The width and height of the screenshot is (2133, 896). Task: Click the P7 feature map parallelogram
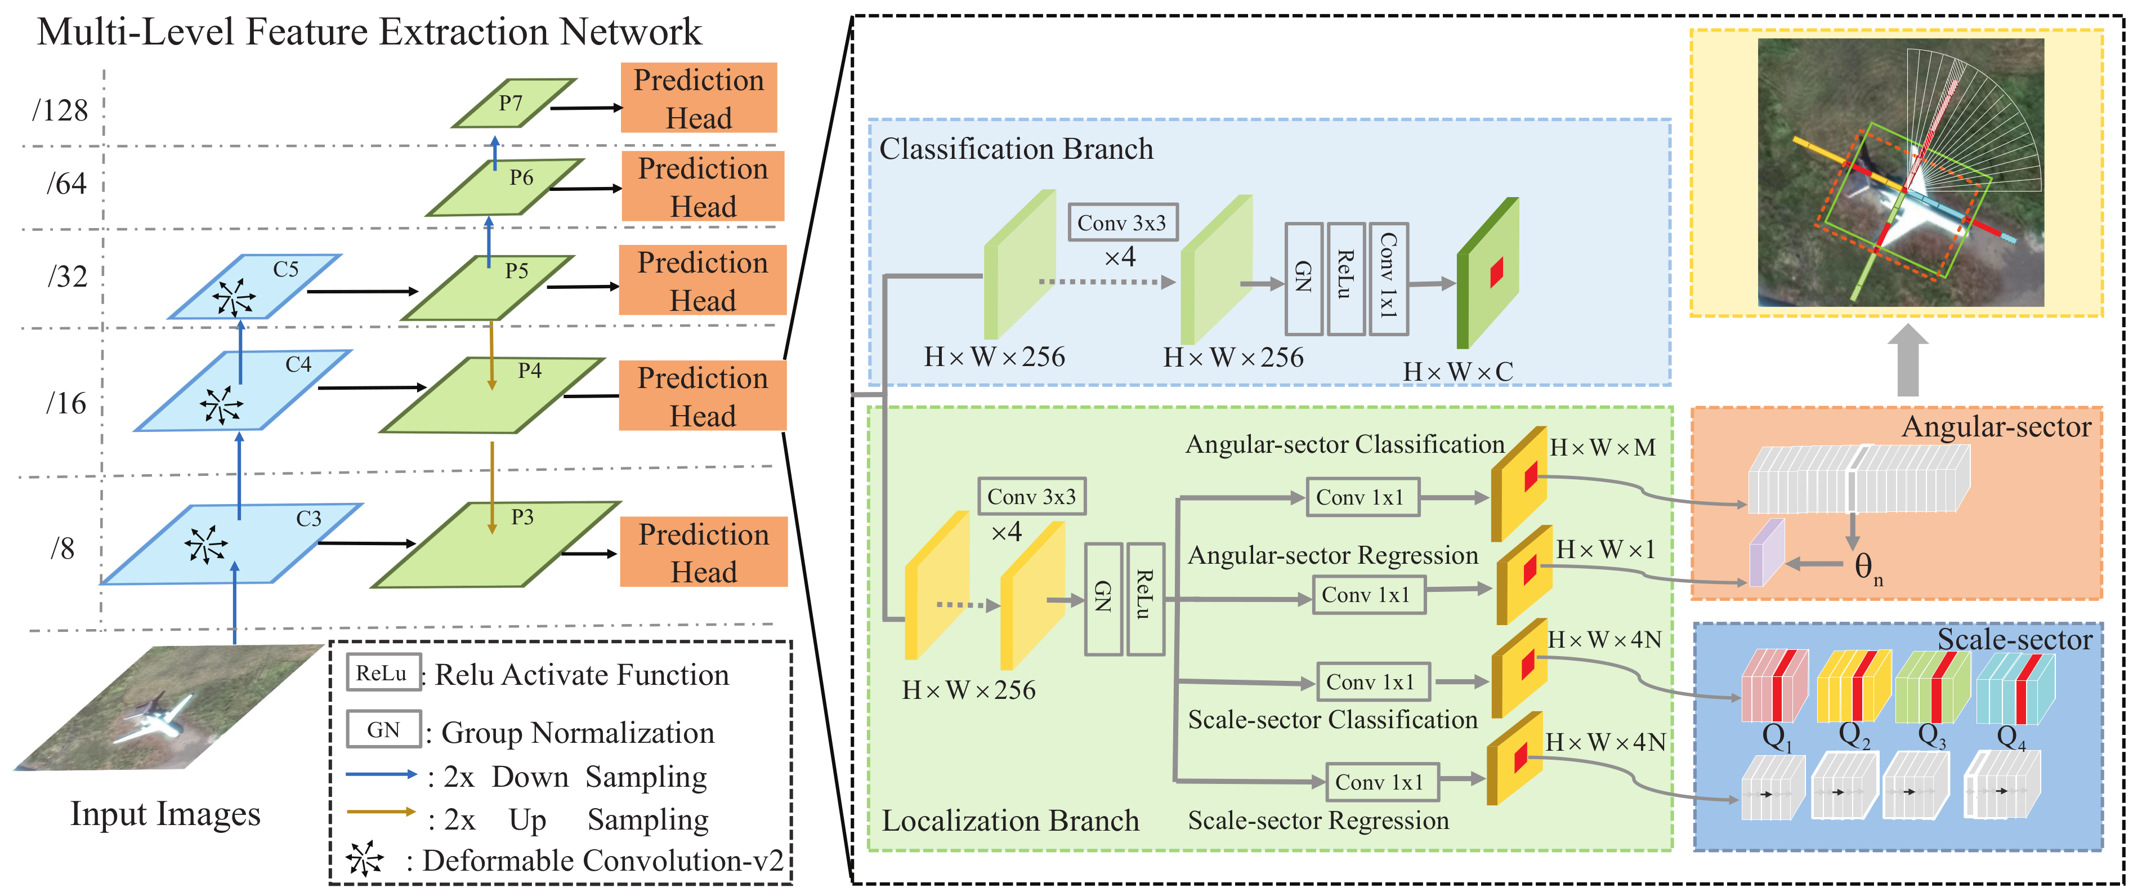point(513,104)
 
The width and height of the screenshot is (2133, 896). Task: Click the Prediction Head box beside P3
point(703,552)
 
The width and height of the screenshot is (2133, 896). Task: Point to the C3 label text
point(309,518)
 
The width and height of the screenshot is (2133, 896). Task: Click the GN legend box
point(383,729)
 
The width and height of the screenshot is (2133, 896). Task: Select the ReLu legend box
point(382,672)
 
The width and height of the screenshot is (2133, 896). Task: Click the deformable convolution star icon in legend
point(364,859)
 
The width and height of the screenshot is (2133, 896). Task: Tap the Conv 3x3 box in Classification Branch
point(1122,223)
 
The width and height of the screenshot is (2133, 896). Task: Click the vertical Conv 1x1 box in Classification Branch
point(1388,278)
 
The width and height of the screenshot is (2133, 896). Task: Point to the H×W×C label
point(1457,372)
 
